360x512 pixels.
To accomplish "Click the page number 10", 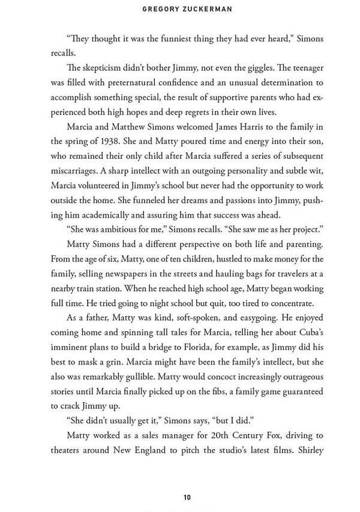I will tap(187, 497).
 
